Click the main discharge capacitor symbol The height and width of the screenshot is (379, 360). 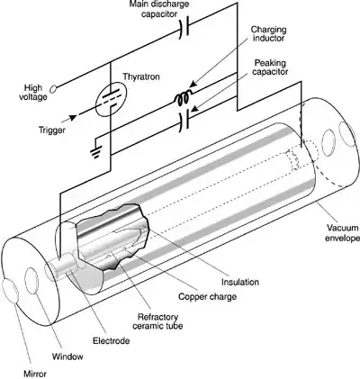click(x=185, y=27)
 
